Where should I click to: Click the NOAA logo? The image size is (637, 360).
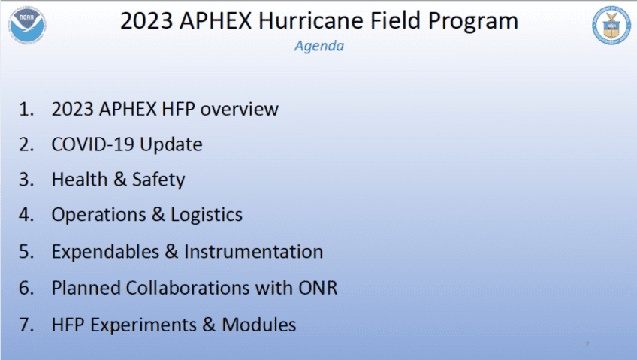pos(27,25)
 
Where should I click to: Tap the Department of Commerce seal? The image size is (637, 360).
pos(611,25)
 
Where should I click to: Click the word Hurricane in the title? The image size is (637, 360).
pos(311,21)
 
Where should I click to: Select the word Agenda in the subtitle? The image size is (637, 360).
pos(319,46)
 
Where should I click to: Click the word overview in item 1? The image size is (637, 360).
pos(240,109)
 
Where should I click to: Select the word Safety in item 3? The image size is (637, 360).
pos(158,180)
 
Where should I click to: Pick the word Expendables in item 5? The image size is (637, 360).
pos(105,252)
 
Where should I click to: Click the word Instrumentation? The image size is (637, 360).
pos(253,252)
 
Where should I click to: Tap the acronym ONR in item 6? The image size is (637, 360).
pos(318,288)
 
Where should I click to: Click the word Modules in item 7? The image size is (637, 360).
pos(258,325)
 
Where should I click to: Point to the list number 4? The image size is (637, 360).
pos(26,215)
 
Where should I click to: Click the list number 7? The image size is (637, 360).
pos(26,325)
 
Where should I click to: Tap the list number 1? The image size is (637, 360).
pos(26,109)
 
